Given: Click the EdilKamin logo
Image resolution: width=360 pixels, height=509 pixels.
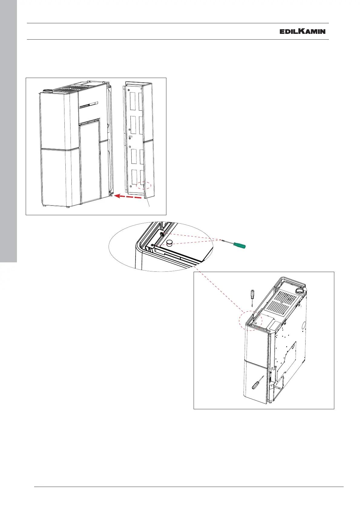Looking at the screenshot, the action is point(303,31).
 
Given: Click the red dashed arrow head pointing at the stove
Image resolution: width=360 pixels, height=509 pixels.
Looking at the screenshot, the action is point(117,196).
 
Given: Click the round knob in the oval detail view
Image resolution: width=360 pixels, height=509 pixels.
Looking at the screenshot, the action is point(170,243).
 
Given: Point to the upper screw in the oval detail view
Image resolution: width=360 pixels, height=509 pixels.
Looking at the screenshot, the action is point(162,234).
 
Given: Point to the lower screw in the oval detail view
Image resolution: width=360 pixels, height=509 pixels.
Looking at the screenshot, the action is point(152,245).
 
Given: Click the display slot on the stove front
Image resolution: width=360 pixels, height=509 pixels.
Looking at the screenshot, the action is point(89,105).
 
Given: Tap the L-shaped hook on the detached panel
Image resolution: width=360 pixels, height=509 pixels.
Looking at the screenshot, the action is point(130,137).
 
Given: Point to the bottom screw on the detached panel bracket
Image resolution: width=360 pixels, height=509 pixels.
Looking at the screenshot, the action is point(130,186).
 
